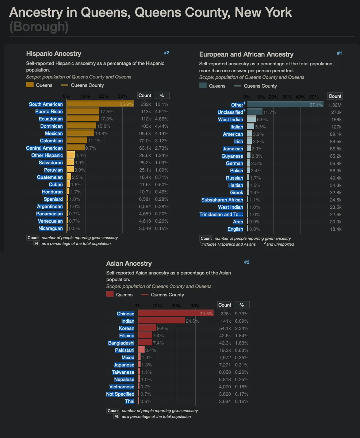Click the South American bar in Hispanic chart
pos(100,104)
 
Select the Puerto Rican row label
pos(49,112)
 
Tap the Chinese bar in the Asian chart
pos(175,314)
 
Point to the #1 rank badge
pos(339,53)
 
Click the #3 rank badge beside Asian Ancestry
pos(247,262)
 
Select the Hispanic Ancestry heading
pos(54,54)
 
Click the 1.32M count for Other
pos(335,105)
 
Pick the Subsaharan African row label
pos(222,200)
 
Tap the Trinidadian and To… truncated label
pos(221,215)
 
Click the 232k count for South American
pos(146,104)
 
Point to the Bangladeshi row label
pos(121,343)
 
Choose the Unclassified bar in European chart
pos(255,112)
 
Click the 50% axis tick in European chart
pos(314,97)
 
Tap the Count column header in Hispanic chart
pos(145,96)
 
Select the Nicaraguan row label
pos(51,228)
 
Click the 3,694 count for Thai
pos(225,401)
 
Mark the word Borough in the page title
pos(39,27)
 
